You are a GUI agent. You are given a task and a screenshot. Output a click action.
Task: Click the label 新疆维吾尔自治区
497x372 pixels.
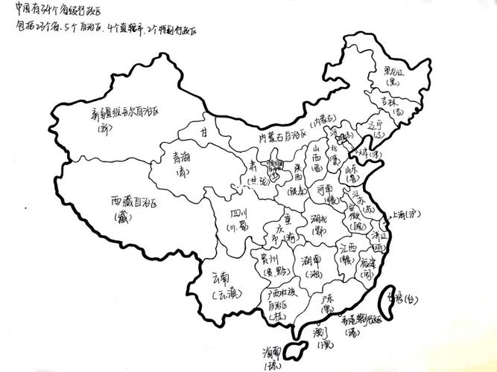click(x=125, y=114)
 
